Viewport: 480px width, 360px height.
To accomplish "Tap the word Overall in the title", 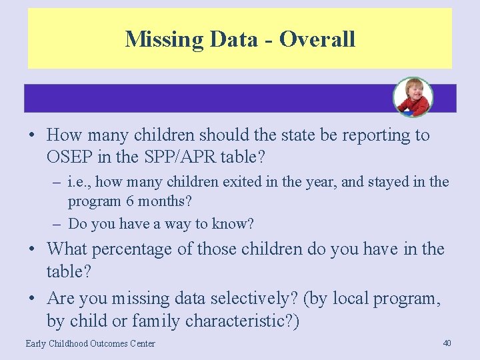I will point(317,39).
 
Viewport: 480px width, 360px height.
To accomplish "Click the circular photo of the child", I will point(413,97).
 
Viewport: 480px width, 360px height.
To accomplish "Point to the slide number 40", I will point(447,343).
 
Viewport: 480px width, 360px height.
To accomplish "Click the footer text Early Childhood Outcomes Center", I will point(90,343).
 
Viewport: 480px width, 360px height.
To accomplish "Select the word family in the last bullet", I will point(156,321).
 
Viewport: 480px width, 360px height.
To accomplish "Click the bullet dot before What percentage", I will point(32,250).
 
